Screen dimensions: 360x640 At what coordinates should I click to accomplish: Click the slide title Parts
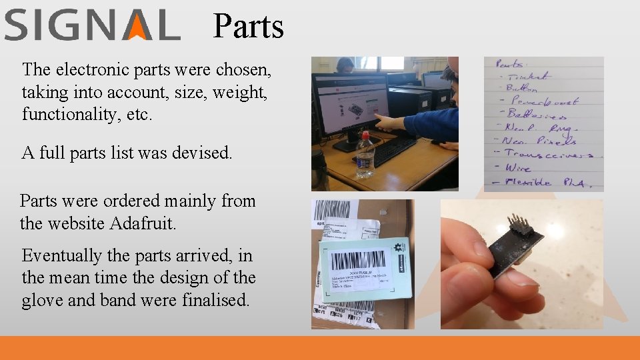tap(248, 27)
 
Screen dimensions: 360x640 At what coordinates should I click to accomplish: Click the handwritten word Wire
tap(518, 167)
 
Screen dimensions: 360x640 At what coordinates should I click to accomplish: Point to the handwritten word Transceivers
tap(548, 154)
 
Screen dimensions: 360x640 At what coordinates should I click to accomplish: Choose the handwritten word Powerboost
tap(543, 101)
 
